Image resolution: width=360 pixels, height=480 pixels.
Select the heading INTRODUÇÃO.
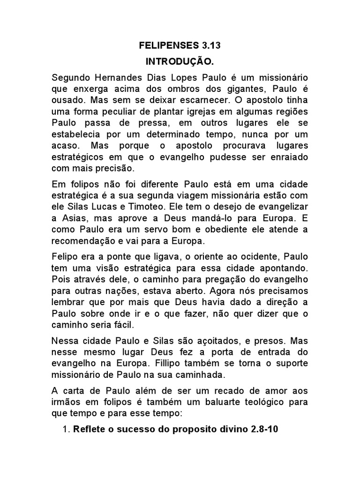tap(180, 61)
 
